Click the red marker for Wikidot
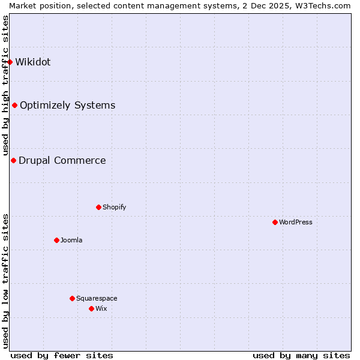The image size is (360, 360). [x=10, y=62]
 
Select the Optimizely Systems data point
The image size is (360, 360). [x=14, y=105]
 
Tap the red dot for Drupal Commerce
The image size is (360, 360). [x=13, y=160]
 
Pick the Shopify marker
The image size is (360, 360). [x=98, y=207]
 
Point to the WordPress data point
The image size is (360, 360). [x=275, y=222]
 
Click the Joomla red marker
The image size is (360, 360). [x=56, y=240]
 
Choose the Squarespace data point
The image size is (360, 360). [x=72, y=298]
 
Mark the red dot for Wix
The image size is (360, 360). [x=91, y=308]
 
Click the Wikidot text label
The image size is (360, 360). [x=33, y=62]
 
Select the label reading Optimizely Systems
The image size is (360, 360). [x=67, y=105]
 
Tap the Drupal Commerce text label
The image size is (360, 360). [x=62, y=160]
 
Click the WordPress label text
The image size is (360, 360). [x=296, y=222]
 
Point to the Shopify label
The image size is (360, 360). [x=115, y=207]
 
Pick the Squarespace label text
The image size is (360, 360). [x=97, y=298]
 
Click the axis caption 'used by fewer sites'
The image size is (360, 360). [x=62, y=355]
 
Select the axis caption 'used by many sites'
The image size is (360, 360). [x=301, y=355]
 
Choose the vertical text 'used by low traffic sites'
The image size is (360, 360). [x=5, y=281]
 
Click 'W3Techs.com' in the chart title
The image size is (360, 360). [x=327, y=5]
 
